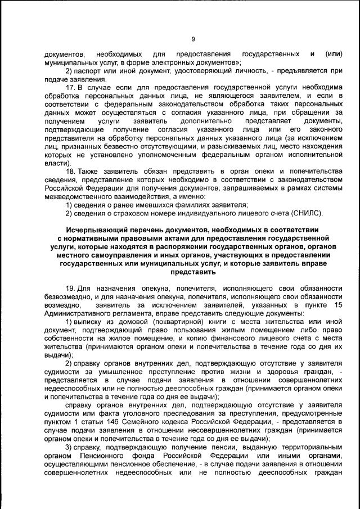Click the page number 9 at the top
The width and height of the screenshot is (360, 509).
click(x=192, y=39)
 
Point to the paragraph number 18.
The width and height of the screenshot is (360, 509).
click(x=71, y=170)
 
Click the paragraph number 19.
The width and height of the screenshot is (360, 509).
click(x=71, y=288)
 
